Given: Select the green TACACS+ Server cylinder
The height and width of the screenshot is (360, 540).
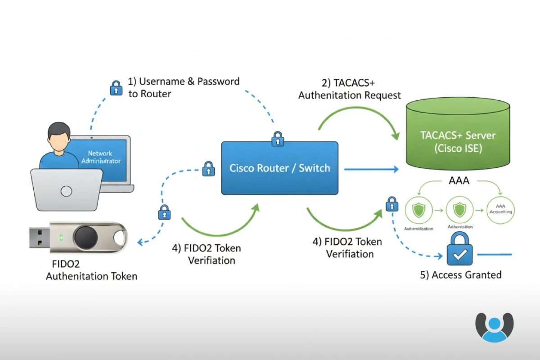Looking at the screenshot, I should tap(458, 135).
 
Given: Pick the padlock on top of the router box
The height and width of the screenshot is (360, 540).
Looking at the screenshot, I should tap(278, 139).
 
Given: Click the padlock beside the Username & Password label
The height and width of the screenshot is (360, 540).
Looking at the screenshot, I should tap(116, 88).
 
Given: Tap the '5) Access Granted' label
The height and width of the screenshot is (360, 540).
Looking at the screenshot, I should tap(461, 274).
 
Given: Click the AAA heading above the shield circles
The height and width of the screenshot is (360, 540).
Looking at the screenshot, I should tap(459, 181).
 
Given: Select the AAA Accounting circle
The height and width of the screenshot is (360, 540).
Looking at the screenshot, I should tap(500, 210).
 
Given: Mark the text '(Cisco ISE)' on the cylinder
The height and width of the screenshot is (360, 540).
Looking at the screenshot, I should tap(458, 149).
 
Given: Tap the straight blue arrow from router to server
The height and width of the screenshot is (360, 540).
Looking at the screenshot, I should tap(371, 169).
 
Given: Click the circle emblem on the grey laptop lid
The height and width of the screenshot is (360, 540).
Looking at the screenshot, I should tap(66, 191).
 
